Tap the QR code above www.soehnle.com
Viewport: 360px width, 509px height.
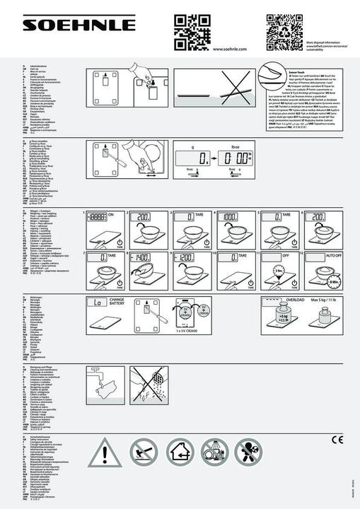(x=191, y=29)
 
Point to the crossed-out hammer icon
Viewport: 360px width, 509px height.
(x=144, y=451)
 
